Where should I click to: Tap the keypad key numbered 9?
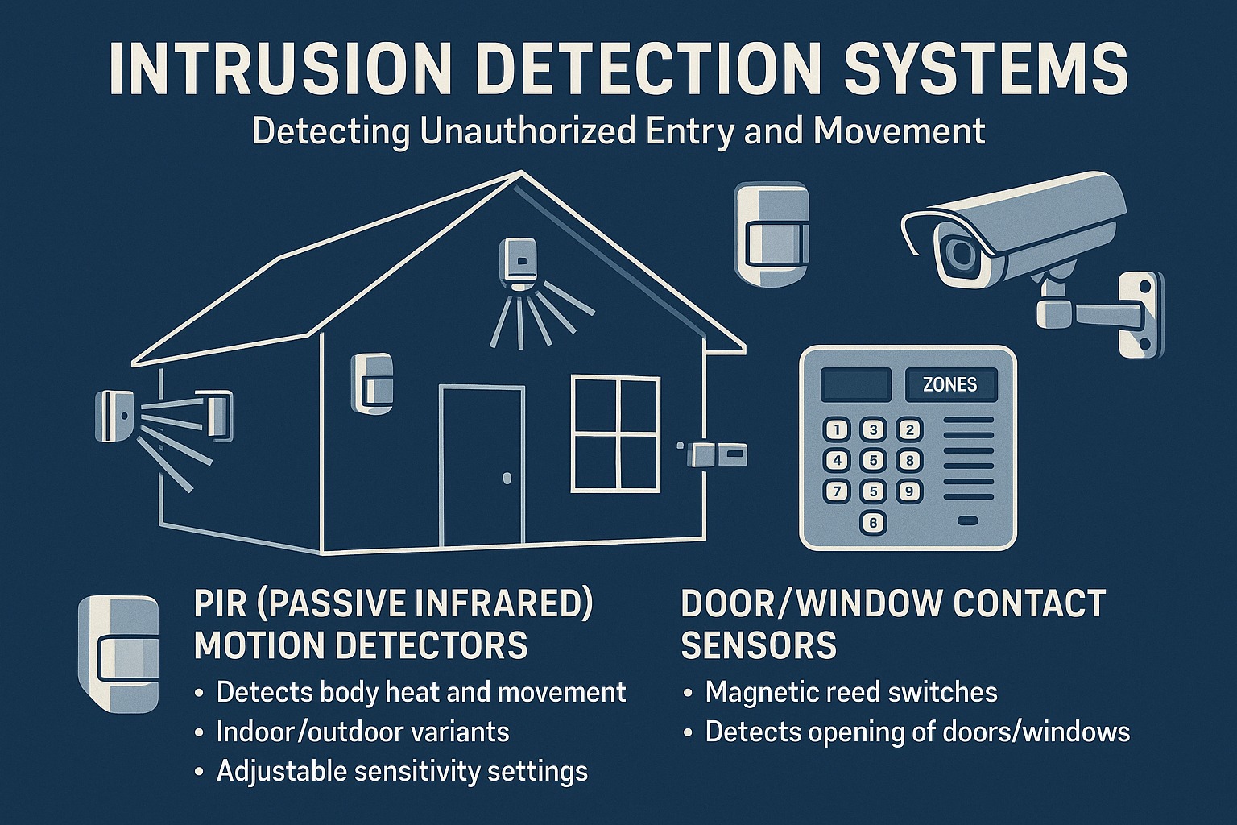(909, 491)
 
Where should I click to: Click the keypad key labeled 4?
(838, 460)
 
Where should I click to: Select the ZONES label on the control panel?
(950, 385)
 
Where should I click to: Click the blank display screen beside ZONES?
(855, 385)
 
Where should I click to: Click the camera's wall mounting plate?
(1141, 314)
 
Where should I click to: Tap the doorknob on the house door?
(507, 479)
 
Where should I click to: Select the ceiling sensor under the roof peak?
(520, 261)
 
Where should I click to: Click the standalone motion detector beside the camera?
(771, 233)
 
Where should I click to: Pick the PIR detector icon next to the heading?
(118, 653)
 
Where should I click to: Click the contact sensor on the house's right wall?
(712, 454)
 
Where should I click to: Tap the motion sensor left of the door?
(372, 383)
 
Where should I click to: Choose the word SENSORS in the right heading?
(759, 645)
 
